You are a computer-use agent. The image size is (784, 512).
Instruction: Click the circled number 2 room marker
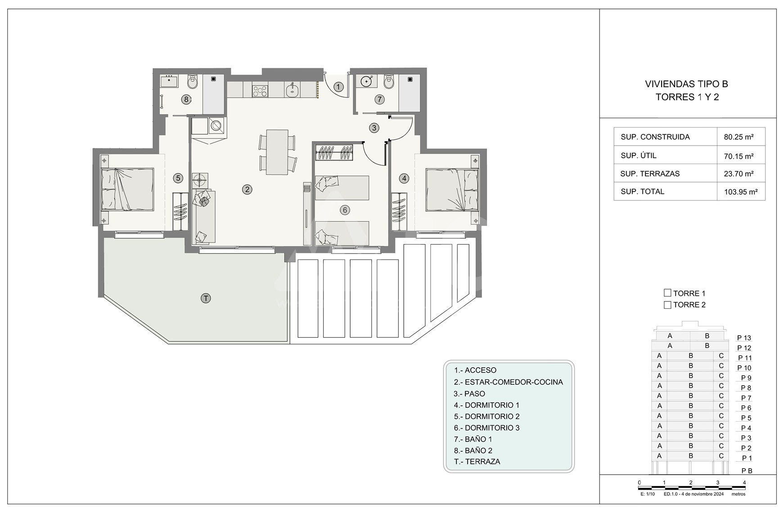tap(247, 189)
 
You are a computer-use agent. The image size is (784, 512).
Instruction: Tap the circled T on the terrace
tap(206, 298)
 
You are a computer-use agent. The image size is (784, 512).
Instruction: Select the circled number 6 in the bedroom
tap(345, 210)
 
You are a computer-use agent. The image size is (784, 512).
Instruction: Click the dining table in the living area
tap(277, 152)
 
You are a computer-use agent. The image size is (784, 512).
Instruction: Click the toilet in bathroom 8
tap(192, 82)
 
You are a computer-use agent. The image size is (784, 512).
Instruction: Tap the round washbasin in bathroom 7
tap(367, 81)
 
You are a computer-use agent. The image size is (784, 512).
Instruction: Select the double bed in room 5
tap(127, 189)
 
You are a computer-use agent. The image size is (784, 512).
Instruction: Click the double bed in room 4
tap(452, 189)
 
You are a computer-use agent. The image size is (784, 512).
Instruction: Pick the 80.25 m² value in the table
tap(739, 137)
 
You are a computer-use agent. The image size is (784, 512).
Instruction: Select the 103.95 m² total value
tap(741, 192)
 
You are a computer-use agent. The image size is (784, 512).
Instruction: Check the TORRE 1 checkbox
tap(667, 293)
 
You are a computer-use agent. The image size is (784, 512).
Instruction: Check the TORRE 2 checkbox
tap(667, 305)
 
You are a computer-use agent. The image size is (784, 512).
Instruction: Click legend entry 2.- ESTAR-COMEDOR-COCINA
tap(509, 382)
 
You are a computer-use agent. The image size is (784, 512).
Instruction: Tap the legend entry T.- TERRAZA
tap(477, 462)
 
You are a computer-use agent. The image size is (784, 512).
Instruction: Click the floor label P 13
tap(744, 338)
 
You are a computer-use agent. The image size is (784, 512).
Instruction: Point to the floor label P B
tap(747, 471)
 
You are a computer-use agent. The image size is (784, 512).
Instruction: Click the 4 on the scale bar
tap(744, 483)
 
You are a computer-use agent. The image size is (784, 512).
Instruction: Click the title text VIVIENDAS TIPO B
tap(686, 84)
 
